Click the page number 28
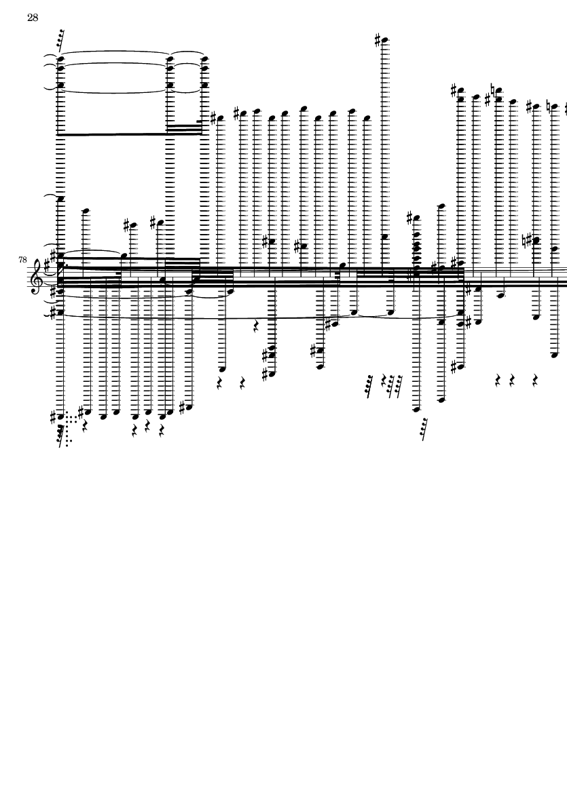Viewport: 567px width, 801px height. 33,18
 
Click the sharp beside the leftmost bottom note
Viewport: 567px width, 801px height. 54,416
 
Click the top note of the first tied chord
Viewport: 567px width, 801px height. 60,58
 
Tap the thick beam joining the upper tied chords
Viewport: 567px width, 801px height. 115,134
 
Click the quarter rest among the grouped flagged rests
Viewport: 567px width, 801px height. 384,381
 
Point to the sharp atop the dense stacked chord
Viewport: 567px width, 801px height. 409,218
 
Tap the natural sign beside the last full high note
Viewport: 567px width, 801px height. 548,106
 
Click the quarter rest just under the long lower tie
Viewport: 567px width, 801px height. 256,326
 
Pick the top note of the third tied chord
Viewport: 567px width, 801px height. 204,58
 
